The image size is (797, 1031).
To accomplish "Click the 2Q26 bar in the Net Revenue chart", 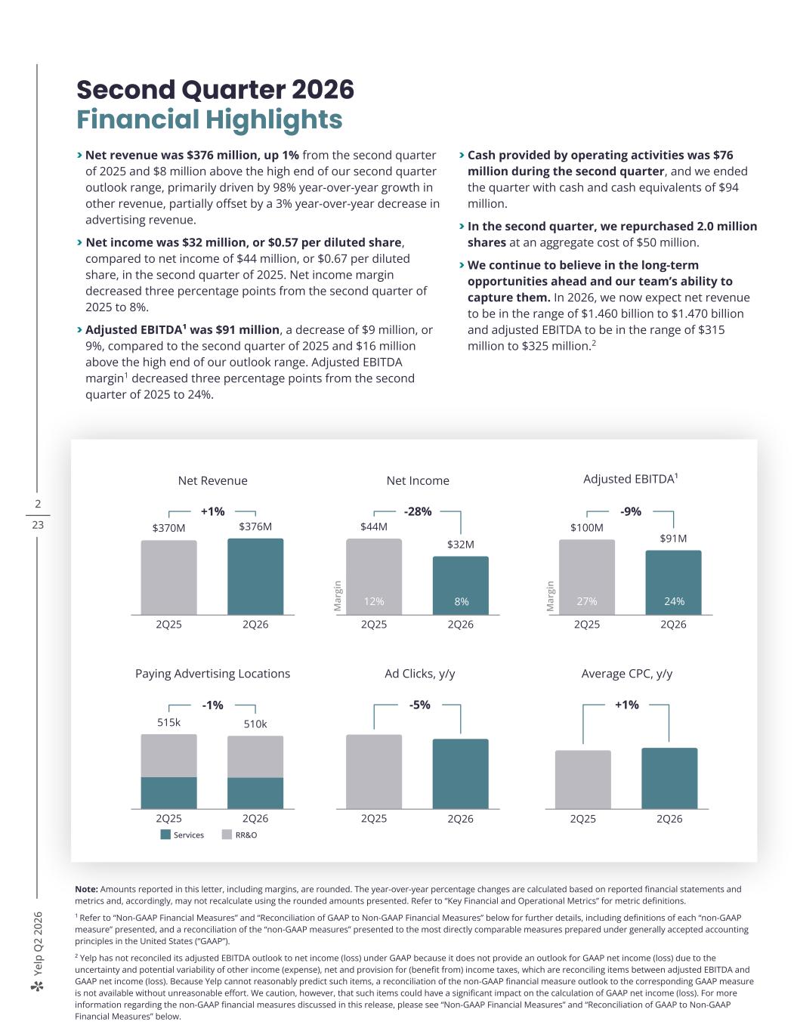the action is pos(255,576).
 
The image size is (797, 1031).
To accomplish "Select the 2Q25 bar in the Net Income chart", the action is pos(374,576).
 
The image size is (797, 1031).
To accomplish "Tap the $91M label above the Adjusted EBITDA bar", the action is pos(673,539).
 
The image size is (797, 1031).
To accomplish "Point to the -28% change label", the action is pos(418,511).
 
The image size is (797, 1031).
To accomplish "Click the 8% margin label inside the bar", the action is pos(461,602).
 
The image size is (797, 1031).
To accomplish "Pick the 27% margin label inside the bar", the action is pos(587,602).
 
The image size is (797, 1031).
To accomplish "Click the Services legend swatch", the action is pos(165,835).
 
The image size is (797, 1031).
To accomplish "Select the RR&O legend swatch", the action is pos(227,835).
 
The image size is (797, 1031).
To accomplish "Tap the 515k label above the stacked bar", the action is pos(169,723).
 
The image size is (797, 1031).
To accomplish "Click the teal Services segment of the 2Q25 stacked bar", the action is pos(169,793).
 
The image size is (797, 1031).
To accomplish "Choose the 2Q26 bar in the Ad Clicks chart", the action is pos(461,774).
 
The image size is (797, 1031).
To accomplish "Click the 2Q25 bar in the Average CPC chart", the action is pos(583,779).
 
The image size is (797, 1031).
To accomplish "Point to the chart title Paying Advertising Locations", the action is pos(212,674).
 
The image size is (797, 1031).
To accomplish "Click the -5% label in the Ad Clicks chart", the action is pos(420,705).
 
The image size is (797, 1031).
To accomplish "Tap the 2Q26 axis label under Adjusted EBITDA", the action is pos(673,625).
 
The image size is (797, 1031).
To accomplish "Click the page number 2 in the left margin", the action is pos(38,504).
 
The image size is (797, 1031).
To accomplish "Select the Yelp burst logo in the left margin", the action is pos(37,987).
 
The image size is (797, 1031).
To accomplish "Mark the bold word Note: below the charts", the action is pos(86,889).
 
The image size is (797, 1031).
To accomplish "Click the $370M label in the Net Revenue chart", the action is pos(169,528).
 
